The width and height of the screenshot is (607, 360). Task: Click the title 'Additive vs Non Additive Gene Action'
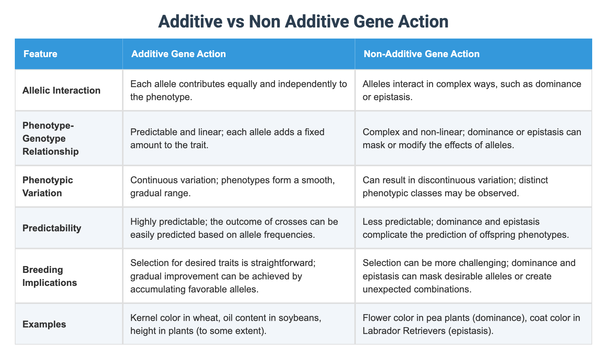303,22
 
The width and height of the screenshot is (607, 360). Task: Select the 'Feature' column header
40,54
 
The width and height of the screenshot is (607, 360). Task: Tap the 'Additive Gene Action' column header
178,54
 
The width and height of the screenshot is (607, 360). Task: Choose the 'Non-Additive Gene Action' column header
422,54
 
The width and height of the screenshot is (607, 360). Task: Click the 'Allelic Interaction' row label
61,90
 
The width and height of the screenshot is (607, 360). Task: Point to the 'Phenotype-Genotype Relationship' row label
50,138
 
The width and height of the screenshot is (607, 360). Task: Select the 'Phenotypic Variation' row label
48,187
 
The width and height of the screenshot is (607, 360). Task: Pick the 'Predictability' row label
52,228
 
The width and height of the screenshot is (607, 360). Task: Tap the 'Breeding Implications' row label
50,276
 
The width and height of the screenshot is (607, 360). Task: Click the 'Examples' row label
44,324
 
